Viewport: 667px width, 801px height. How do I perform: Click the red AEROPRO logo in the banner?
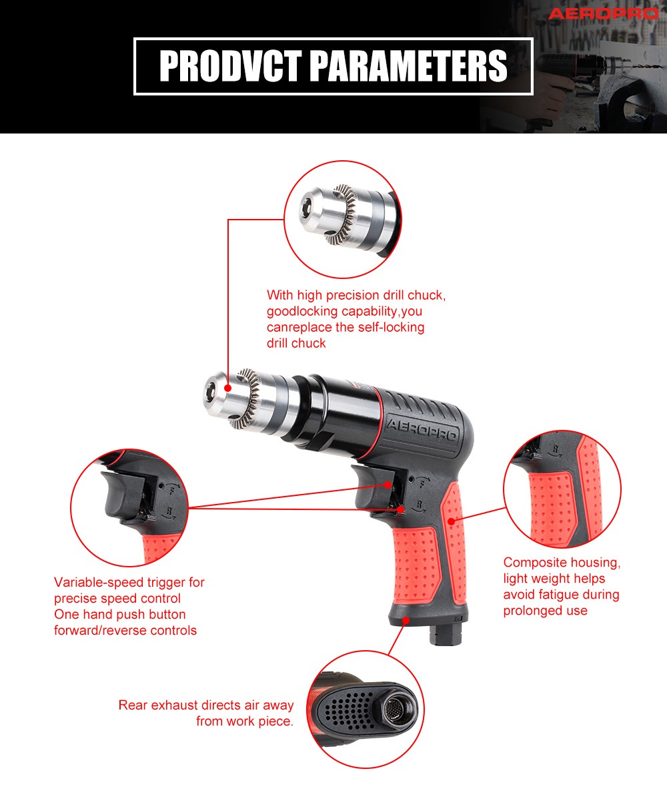coord(604,14)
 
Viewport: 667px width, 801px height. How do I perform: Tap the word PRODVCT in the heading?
coord(230,66)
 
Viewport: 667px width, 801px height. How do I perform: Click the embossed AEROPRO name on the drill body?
coord(422,430)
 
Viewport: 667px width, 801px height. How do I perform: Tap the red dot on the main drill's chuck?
coord(228,388)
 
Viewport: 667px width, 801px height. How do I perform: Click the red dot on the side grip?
coord(452,521)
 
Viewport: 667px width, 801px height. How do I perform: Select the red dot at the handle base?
coord(406,620)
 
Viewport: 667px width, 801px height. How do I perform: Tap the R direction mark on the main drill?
coord(420,505)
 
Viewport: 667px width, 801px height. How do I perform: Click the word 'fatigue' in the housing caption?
coord(558,595)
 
